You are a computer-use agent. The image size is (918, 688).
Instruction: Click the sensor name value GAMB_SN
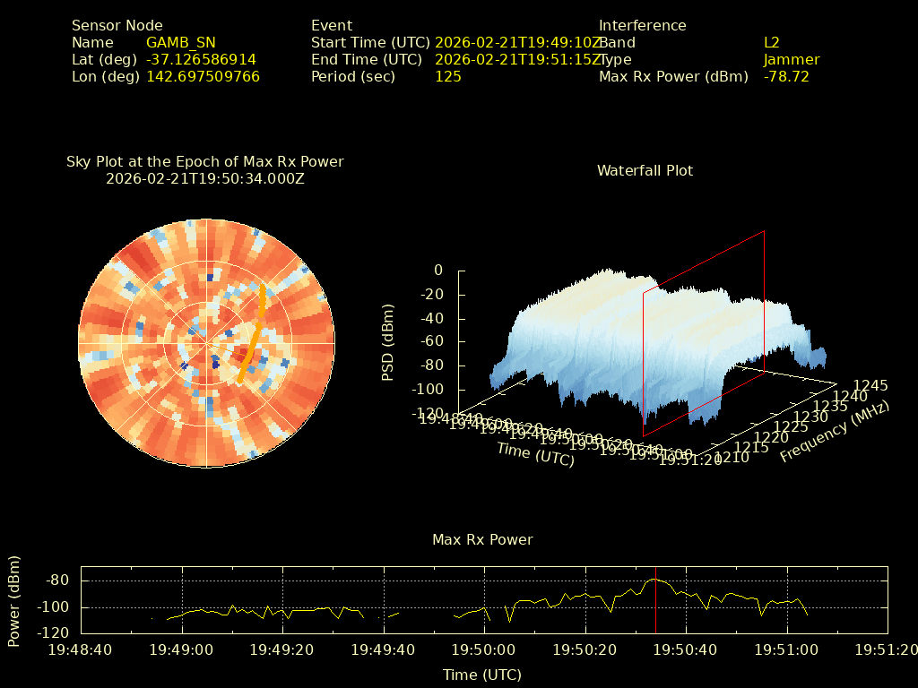pos(180,43)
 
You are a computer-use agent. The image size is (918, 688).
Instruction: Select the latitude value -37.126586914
pos(201,60)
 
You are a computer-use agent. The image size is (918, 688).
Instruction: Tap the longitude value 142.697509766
pos(203,77)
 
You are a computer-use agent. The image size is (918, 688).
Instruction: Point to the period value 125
pos(447,77)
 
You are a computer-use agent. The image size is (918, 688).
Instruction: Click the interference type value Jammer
pos(791,60)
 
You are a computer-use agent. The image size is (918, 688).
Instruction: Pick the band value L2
pos(771,43)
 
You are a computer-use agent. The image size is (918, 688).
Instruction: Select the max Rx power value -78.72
pos(786,77)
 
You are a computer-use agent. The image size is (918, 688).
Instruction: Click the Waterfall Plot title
pos(645,170)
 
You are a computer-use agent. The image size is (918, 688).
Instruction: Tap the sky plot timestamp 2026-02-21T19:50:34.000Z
pos(205,178)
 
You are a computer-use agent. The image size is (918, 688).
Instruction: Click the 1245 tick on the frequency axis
pos(870,386)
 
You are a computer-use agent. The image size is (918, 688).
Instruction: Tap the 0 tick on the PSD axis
pos(437,271)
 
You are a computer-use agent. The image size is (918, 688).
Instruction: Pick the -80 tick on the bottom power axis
pos(57,580)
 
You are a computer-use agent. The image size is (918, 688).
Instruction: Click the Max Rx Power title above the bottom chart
pos(482,540)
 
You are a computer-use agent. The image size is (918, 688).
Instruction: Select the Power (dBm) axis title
pos(14,601)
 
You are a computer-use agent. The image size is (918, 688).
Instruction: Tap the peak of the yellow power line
pos(655,580)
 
